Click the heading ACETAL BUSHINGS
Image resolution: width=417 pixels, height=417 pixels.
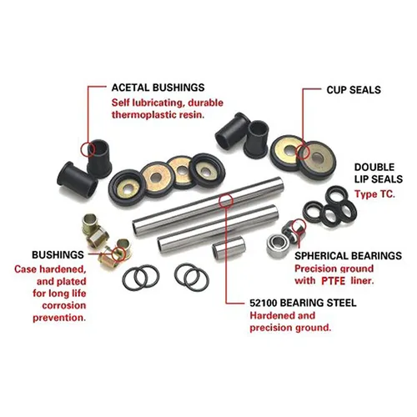click(158, 87)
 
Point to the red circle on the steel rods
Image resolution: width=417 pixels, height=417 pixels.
click(223, 200)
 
